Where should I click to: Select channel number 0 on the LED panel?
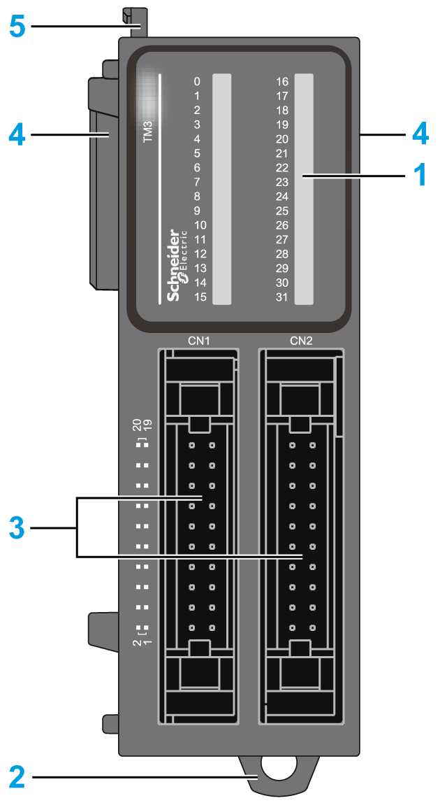point(197,81)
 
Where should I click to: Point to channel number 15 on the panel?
point(200,297)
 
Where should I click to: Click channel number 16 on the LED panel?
point(282,81)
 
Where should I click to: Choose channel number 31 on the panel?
point(282,297)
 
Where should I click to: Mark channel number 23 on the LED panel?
point(282,182)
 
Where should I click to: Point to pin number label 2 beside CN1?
point(137,642)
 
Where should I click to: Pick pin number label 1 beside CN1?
point(147,642)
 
